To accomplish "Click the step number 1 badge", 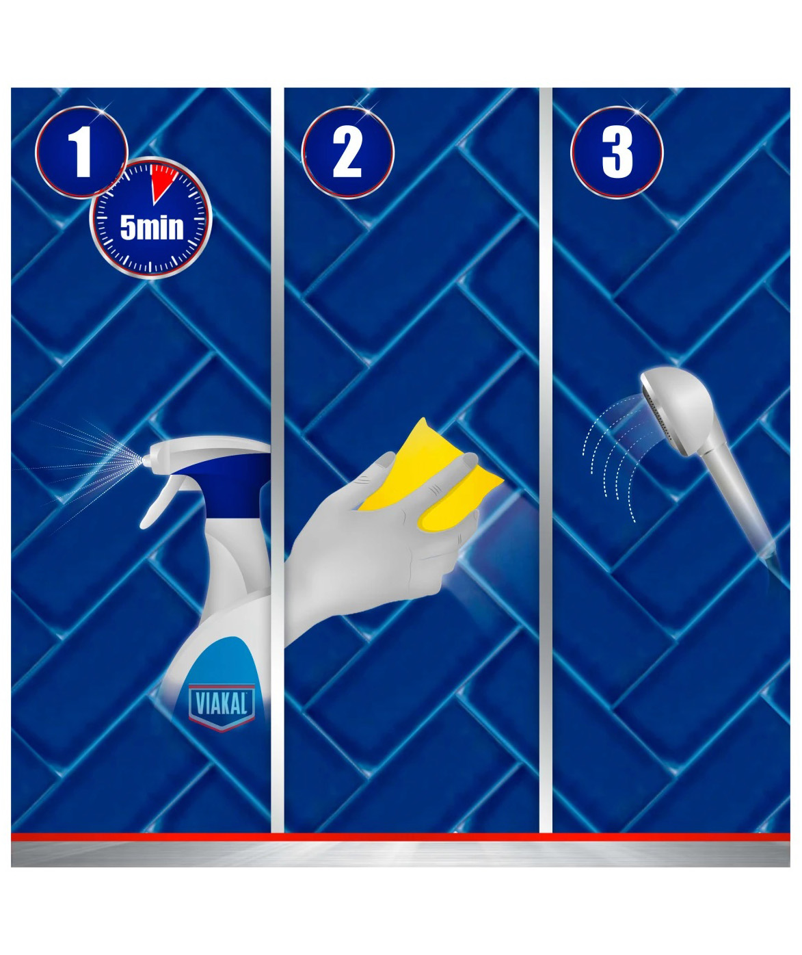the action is pyautogui.click(x=81, y=153).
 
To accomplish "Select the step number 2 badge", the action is pyautogui.click(x=347, y=153).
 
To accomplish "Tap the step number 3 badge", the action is pyautogui.click(x=617, y=153).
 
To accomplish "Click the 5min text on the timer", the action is pyautogui.click(x=152, y=228).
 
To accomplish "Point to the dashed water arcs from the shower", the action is pyautogui.click(x=608, y=471).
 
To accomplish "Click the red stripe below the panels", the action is pyautogui.click(x=401, y=837).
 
